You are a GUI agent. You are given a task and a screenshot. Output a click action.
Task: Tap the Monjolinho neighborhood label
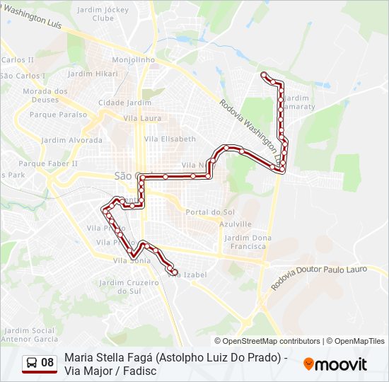pyautogui.click(x=134, y=60)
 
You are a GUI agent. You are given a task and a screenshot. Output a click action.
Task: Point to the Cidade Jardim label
pyautogui.click(x=124, y=103)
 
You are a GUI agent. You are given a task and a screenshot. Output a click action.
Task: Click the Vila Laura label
pyautogui.click(x=142, y=119)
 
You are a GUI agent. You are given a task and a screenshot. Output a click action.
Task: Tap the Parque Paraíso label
pyautogui.click(x=58, y=115)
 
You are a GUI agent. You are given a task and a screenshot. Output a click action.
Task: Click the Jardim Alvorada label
pyautogui.click(x=71, y=140)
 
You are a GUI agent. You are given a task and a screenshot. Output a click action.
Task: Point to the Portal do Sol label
pyautogui.click(x=210, y=212)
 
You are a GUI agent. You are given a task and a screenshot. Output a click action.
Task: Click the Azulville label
pyautogui.click(x=236, y=223)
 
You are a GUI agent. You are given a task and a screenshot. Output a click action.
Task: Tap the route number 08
pyautogui.click(x=47, y=363)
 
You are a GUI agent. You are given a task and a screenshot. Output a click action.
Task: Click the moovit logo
pyautogui.click(x=335, y=364)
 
